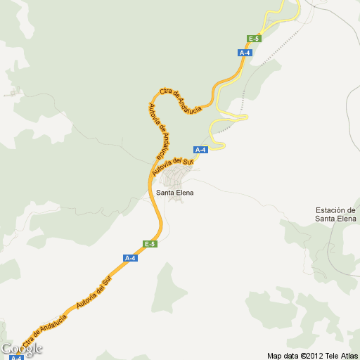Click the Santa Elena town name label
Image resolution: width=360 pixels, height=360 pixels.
click(174, 192)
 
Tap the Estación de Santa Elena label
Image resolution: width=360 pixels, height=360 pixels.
click(335, 214)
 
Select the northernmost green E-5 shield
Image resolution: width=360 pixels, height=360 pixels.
click(255, 39)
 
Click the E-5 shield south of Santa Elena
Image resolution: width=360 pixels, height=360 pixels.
click(150, 244)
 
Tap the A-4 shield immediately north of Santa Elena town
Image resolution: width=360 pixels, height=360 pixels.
click(200, 150)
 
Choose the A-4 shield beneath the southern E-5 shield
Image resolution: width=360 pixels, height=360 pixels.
click(130, 258)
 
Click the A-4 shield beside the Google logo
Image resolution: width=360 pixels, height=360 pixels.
click(16, 357)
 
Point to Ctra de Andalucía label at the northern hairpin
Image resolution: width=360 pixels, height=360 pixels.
click(180, 100)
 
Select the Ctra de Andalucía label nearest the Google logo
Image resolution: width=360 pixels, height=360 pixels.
click(44, 331)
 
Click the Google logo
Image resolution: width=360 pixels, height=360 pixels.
click(22, 349)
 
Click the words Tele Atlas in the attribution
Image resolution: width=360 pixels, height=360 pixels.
click(341, 355)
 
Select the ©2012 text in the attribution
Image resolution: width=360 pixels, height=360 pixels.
click(311, 355)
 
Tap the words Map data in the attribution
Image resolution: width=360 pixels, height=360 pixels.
click(283, 355)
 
